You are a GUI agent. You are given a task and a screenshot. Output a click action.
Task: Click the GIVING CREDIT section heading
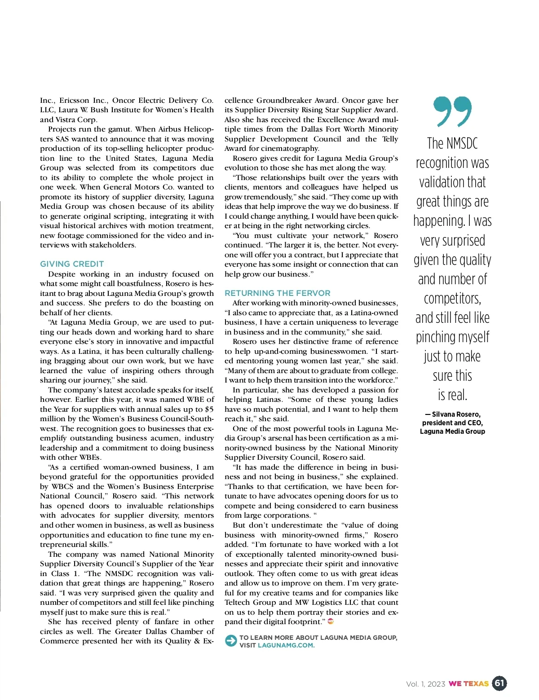(x=72, y=264)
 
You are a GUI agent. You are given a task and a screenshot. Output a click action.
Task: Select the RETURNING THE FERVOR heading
(x=278, y=293)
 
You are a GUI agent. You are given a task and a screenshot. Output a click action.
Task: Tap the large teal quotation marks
(x=452, y=111)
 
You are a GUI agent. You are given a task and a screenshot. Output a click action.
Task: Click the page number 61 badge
(x=499, y=683)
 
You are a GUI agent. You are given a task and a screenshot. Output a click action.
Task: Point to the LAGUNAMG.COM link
(x=286, y=645)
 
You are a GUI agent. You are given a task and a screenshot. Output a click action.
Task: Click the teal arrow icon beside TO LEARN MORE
(x=231, y=641)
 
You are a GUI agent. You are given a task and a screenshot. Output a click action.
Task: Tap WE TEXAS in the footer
(x=468, y=684)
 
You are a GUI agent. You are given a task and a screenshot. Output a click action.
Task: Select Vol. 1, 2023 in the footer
(x=425, y=684)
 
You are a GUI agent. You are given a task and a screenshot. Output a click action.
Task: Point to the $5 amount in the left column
(x=209, y=409)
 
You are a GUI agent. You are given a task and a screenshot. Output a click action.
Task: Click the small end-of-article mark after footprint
(x=331, y=621)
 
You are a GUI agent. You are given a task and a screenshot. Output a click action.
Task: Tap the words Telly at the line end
(x=389, y=139)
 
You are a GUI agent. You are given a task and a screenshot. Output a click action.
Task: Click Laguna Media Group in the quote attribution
(x=452, y=431)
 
